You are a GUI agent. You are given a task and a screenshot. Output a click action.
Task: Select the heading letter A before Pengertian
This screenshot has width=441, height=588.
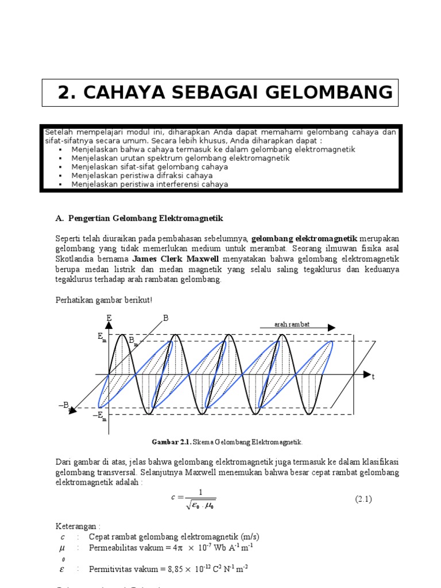tap(59, 218)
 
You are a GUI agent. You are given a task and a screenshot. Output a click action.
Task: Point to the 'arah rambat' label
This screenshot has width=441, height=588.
tap(292, 324)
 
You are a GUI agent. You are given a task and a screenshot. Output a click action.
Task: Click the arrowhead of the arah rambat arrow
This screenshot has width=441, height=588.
tap(331, 327)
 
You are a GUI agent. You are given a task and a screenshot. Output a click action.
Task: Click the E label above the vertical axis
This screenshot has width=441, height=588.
tap(109, 318)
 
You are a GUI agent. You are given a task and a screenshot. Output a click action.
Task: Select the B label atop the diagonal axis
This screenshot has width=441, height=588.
tap(166, 318)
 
